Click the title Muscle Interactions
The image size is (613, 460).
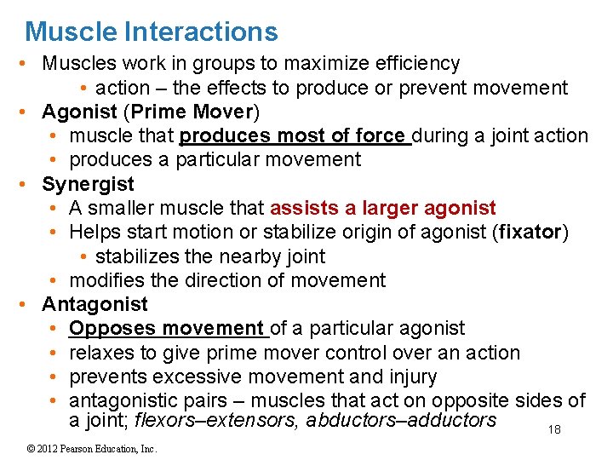[x=152, y=32]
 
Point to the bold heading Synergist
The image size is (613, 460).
[x=89, y=184]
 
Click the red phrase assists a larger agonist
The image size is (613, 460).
[x=383, y=208]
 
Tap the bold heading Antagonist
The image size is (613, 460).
[x=95, y=304]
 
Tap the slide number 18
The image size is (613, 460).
[x=554, y=430]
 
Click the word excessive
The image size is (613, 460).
[x=200, y=377]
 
